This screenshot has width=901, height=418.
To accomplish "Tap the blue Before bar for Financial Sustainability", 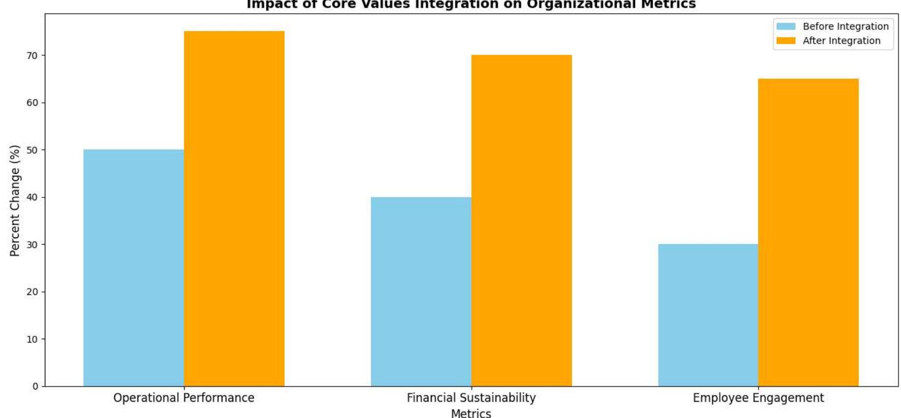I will (x=421, y=291).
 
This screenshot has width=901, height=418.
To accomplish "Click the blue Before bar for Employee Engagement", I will (x=708, y=315).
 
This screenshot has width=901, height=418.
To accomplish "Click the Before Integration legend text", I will (x=845, y=27).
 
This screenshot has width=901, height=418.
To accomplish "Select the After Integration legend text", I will (x=841, y=41).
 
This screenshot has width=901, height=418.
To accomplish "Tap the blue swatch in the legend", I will (x=786, y=27).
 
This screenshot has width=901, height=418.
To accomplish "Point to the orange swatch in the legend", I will (x=786, y=41).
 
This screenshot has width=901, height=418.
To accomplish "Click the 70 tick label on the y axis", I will (x=32, y=56).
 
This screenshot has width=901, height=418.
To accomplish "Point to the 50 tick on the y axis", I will (x=32, y=150).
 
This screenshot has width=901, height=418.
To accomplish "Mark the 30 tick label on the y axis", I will (x=32, y=245).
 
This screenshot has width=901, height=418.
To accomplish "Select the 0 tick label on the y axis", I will (x=35, y=386).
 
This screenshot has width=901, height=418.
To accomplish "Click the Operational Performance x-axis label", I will (x=184, y=398).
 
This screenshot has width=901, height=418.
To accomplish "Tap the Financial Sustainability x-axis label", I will (x=471, y=398).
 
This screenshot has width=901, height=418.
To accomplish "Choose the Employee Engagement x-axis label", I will (x=758, y=398).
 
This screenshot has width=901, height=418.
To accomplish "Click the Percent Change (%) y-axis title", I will (x=15, y=200).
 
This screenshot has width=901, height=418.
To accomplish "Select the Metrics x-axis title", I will (x=471, y=413).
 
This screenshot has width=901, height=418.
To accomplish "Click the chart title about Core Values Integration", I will (x=471, y=5).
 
